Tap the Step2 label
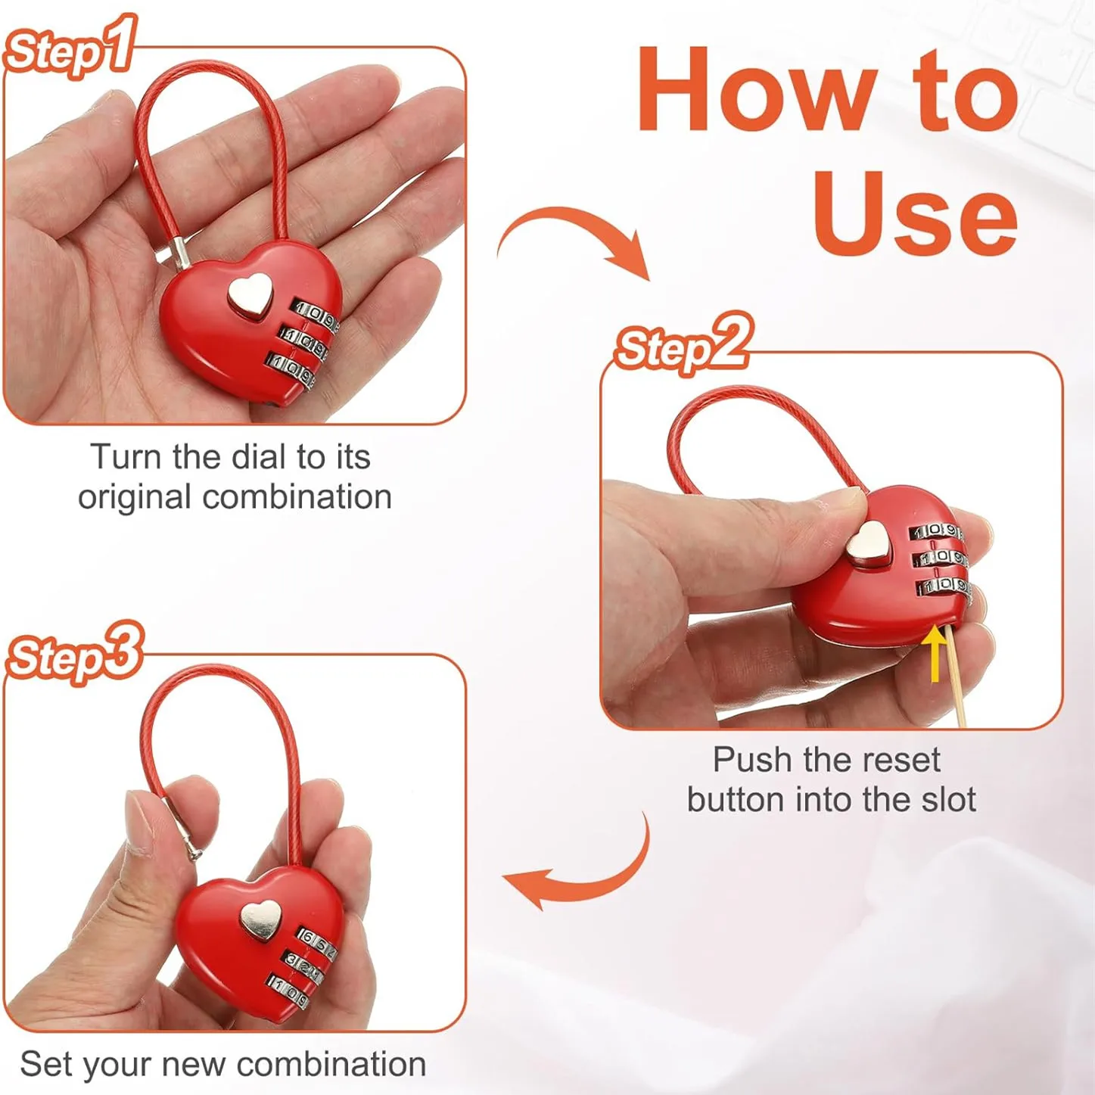[683, 344]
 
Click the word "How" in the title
[757, 90]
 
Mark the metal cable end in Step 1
[182, 254]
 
